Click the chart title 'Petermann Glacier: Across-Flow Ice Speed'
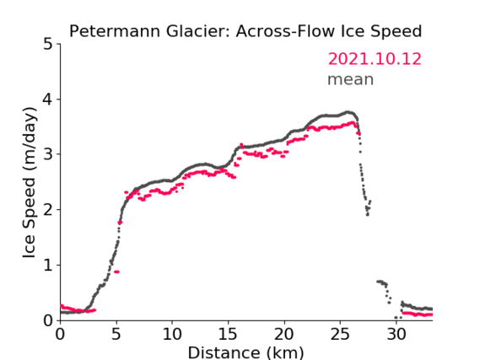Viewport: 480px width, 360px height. tap(245, 32)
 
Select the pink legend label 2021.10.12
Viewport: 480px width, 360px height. tap(375, 59)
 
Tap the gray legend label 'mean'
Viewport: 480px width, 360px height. tap(351, 80)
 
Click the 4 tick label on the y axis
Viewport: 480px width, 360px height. tap(48, 99)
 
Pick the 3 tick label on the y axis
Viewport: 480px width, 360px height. tap(48, 154)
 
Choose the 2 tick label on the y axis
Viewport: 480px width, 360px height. tap(48, 210)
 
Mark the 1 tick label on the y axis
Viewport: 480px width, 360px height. tap(48, 266)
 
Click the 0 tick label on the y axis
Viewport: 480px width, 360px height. tap(48, 320)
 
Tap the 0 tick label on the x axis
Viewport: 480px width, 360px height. tap(60, 335)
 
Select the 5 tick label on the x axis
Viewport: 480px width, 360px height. tap(116, 335)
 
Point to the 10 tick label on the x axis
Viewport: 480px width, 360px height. tap(172, 335)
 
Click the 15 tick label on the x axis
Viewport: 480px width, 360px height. tap(228, 335)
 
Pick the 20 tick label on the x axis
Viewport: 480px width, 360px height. tap(283, 335)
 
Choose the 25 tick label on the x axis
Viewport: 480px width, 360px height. tap(340, 335)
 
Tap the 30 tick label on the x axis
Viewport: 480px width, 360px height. tap(396, 335)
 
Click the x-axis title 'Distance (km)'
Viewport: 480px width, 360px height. tap(245, 352)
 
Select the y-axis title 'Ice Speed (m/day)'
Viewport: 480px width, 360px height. tap(30, 183)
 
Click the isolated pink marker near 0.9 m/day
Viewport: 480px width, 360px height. tap(116, 271)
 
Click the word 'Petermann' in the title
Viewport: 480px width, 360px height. tap(115, 32)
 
